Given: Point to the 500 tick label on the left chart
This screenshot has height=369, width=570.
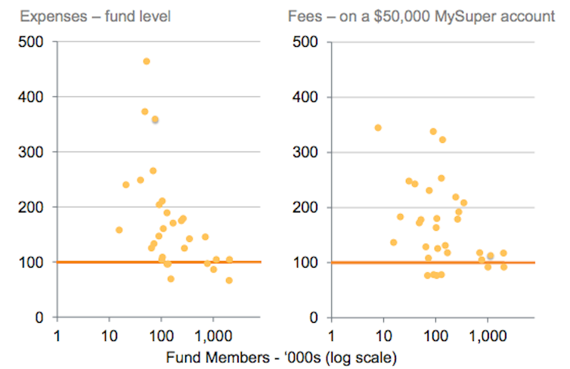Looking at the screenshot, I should (x=33, y=42).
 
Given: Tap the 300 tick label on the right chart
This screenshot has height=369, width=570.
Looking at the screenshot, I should (x=306, y=152).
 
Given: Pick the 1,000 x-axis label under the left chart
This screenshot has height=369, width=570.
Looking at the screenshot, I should (x=212, y=333).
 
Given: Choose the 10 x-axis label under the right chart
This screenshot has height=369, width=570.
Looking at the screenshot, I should (x=383, y=333).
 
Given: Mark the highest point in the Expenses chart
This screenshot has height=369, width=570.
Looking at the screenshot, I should (x=147, y=61).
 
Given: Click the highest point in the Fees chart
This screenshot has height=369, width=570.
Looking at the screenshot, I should (x=378, y=128).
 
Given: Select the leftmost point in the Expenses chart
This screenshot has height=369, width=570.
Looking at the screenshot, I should (x=119, y=230).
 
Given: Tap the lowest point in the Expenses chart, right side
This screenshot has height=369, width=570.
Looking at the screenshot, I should (x=229, y=281).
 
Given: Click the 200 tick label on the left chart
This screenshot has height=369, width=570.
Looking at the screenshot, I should (x=33, y=207).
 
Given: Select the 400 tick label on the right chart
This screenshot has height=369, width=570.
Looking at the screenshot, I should (x=306, y=97).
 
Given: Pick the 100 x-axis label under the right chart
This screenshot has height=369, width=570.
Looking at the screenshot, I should (x=435, y=333).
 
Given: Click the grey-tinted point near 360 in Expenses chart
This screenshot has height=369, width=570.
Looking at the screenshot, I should (x=155, y=119).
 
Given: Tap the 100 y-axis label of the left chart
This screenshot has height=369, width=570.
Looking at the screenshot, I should (x=33, y=262).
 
